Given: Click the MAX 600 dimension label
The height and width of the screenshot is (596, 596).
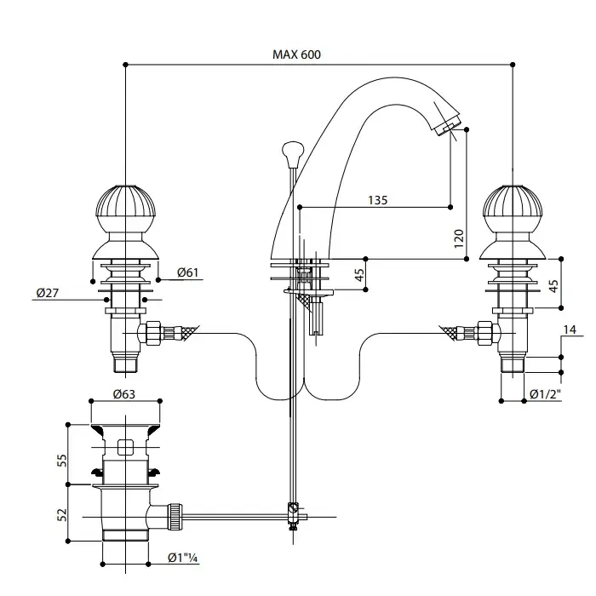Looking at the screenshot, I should [296, 54].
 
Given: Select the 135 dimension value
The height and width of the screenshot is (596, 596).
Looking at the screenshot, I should [378, 200].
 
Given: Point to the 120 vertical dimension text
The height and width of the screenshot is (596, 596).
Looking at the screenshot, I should [460, 238].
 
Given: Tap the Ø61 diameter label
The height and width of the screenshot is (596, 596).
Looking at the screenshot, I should [188, 272].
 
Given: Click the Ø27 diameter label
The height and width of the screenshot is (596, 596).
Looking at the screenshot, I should [47, 293].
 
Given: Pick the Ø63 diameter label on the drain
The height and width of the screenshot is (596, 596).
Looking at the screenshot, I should [124, 394].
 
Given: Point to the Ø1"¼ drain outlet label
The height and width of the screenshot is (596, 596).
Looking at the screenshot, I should [183, 559].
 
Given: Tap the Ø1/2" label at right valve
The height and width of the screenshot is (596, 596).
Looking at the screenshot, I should [545, 394].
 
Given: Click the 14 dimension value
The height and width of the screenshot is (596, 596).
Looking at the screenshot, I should [570, 330].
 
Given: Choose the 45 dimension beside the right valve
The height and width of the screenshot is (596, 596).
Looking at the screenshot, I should [554, 285].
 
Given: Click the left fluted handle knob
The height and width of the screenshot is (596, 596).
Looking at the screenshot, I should [124, 208].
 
